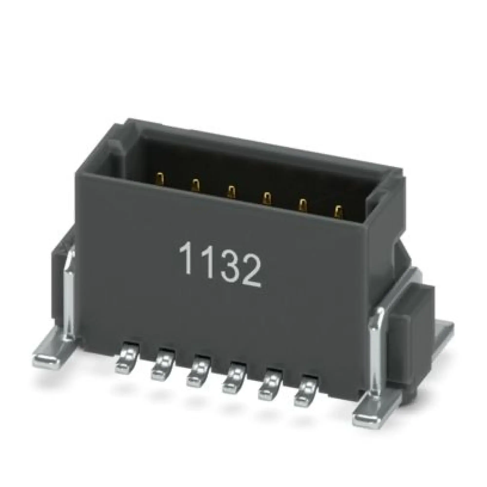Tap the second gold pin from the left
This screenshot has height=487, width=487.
pyautogui.click(x=195, y=185)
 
